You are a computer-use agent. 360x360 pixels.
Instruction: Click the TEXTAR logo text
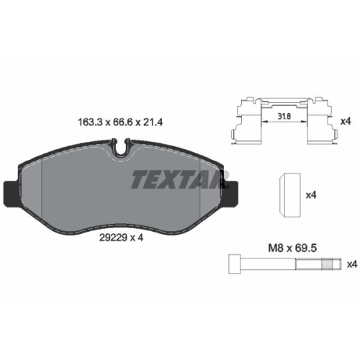(176, 179)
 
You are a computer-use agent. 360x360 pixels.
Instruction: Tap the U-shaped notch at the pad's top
(124, 151)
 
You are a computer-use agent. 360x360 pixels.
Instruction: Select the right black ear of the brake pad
(234, 191)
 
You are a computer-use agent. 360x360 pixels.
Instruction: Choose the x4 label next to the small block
(312, 195)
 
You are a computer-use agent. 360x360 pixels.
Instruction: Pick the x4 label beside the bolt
(351, 264)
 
